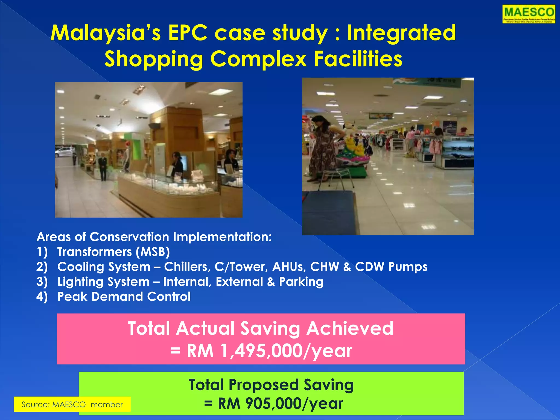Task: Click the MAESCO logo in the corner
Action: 529,14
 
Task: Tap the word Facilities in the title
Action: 358,59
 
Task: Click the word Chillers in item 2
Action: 187,267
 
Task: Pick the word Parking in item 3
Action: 301,282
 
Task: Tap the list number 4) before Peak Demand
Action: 42,297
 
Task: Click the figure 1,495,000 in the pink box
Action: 262,351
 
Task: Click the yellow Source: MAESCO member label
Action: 72,404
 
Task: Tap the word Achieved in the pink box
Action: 350,328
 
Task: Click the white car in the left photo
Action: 63,152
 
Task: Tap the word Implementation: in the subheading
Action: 223,237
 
